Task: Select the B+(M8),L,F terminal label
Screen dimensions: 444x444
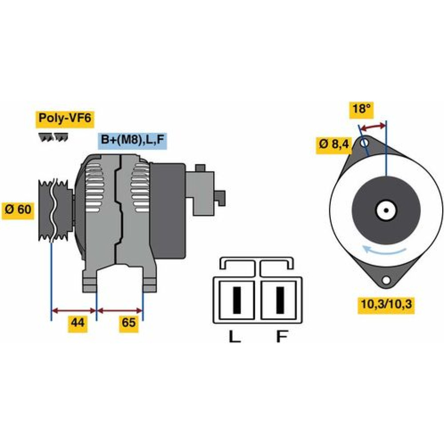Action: coord(132,140)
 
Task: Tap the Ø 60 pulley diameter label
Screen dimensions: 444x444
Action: coord(18,209)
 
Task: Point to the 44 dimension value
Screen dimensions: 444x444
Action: coord(78,323)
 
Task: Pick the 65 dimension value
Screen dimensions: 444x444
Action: coord(129,323)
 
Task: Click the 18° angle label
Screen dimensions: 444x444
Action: coord(361,109)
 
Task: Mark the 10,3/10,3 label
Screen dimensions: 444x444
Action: coord(385,305)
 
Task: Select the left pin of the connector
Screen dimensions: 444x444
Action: coord(237,300)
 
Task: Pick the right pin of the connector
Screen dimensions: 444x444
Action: coord(280,300)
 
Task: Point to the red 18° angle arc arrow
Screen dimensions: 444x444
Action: coord(373,127)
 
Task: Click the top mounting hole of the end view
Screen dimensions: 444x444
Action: coord(365,143)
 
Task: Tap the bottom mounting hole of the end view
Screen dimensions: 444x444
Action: coord(386,281)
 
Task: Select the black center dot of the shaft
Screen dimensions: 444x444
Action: coord(386,210)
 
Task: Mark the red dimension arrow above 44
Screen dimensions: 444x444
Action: coord(74,310)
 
